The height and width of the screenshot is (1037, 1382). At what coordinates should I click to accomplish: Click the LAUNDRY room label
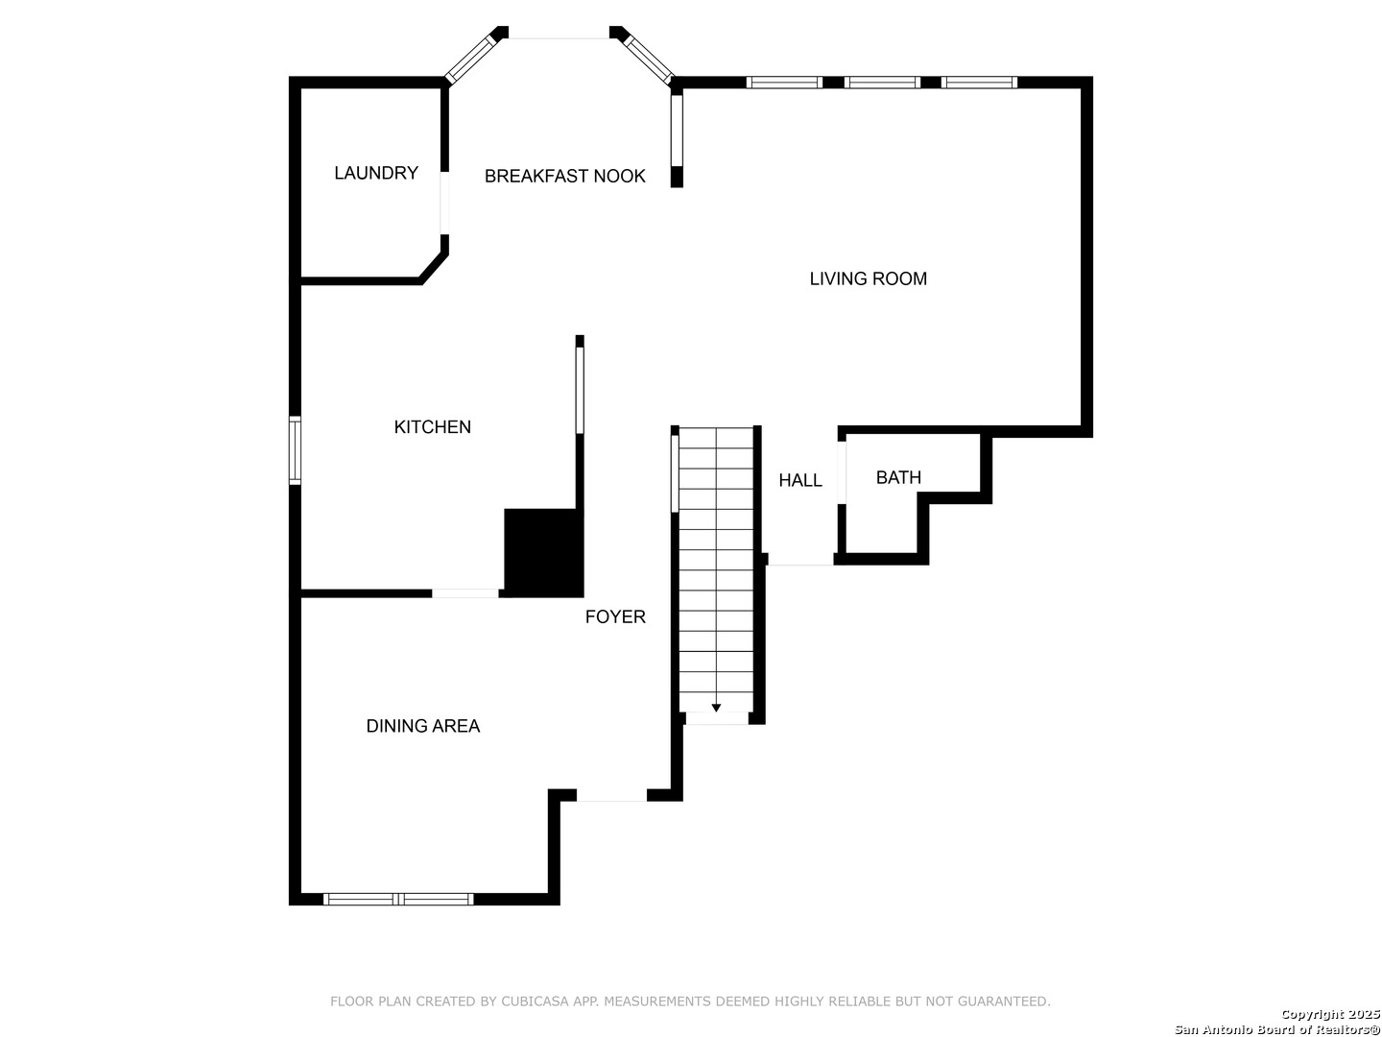tap(376, 173)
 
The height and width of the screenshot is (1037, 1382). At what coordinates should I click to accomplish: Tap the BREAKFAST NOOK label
tap(564, 177)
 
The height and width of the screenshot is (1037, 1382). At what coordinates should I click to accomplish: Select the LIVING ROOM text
tap(868, 278)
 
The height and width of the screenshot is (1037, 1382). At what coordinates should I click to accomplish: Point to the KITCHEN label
tap(432, 427)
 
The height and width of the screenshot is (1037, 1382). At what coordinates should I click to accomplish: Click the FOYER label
tap(615, 617)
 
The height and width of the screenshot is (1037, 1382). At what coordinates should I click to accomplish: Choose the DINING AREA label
tap(422, 726)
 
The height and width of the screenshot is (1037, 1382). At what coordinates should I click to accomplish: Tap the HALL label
tap(799, 480)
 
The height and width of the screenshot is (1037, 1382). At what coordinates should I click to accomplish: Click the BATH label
tap(898, 477)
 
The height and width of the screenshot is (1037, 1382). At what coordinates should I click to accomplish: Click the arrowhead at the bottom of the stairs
tap(716, 708)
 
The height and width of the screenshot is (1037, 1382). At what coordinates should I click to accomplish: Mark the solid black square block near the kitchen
tap(543, 553)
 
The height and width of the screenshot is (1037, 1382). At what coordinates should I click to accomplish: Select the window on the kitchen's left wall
tap(295, 450)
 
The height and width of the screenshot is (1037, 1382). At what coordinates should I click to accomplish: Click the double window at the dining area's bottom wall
tap(398, 899)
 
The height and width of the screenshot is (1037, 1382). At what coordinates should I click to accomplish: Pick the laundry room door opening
tap(444, 203)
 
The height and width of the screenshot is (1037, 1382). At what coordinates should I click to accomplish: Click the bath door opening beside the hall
tap(841, 472)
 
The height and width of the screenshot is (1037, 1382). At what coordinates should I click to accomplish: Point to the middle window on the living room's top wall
tap(882, 83)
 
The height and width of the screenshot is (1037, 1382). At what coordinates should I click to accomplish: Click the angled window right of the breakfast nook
tap(649, 60)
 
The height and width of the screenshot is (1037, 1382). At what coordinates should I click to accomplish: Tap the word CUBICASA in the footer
tap(535, 1001)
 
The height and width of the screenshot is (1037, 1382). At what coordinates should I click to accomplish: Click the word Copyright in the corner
tap(1313, 1014)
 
